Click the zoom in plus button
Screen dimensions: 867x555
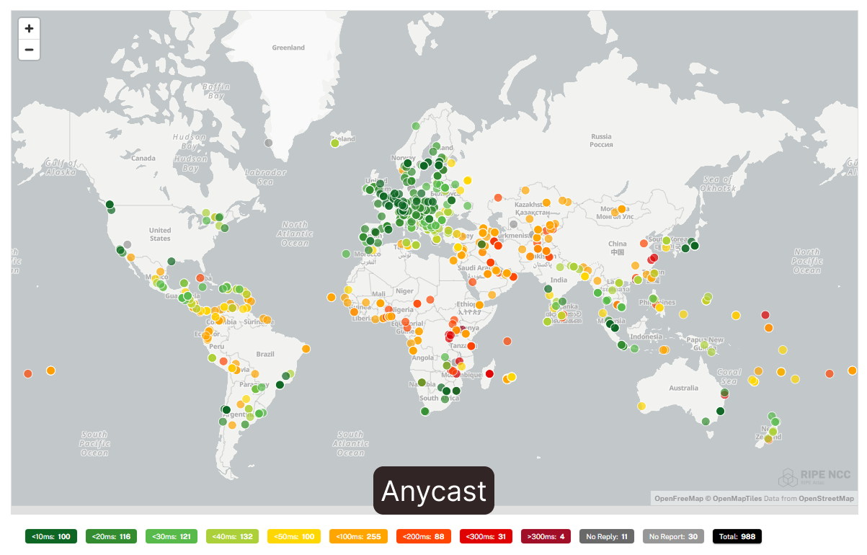coord(29,29)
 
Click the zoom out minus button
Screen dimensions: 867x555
coord(29,50)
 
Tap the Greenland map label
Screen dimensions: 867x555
coord(288,48)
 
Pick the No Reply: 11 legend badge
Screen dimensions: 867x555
coord(607,536)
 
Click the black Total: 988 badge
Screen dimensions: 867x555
coord(737,536)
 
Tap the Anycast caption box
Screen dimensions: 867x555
coord(434,491)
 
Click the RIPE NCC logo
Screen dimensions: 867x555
coord(814,476)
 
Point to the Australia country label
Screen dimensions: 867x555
coord(683,388)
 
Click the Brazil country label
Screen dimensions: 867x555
coord(266,354)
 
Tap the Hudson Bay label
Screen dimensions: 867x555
coord(190,148)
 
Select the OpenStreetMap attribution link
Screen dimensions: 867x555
coord(826,498)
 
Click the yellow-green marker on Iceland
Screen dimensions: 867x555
coord(335,143)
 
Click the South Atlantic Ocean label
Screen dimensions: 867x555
coord(350,443)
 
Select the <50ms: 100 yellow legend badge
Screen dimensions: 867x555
coord(294,536)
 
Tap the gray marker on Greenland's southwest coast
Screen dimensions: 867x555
coord(269,143)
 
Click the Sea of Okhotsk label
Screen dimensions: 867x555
coord(718,184)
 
